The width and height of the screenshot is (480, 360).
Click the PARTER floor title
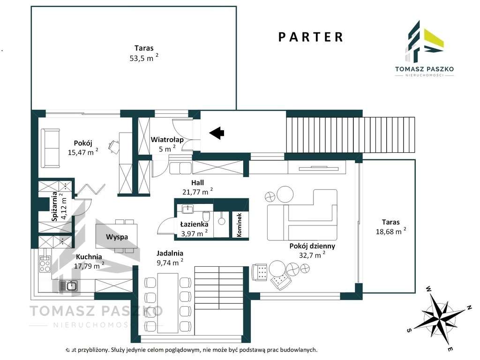(x=310, y=37)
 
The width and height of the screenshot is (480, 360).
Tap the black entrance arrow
(x=217, y=133)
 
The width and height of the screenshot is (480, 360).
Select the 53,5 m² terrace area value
(x=144, y=58)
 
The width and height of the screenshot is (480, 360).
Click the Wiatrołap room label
(x=167, y=140)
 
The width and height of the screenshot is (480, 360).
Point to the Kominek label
(x=240, y=225)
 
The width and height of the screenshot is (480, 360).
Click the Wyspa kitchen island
(x=117, y=236)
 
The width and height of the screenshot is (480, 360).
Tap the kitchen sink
(x=68, y=286)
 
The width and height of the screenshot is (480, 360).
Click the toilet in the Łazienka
(x=207, y=216)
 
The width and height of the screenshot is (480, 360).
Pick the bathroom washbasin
(x=187, y=210)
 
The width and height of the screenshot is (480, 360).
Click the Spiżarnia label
(x=55, y=207)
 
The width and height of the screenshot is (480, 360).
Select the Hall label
(x=197, y=183)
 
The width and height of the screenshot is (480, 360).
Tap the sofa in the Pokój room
(x=51, y=149)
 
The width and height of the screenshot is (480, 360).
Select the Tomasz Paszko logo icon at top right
(x=424, y=41)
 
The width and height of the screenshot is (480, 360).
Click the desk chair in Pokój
(x=113, y=146)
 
